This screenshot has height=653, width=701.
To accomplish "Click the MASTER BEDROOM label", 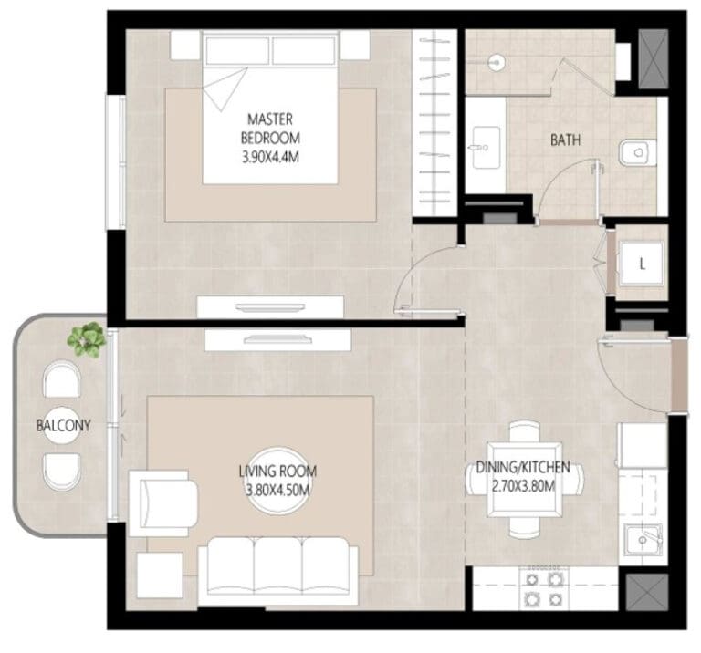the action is coord(270,129).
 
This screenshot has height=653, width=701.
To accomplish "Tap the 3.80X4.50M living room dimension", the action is coord(277,490).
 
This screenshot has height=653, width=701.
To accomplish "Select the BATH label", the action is coord(565,140).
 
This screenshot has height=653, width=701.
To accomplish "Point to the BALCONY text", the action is coord(63,425).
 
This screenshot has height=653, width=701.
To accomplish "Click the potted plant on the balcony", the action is coord(87,339).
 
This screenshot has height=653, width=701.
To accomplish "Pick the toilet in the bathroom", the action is coord(637,152).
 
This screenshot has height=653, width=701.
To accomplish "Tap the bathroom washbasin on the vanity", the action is coord(486,148).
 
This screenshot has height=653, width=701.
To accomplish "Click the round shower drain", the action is coord(496,63).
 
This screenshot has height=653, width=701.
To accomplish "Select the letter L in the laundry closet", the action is coord(642,264).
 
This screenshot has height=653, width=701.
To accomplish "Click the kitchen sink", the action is coord(643,540).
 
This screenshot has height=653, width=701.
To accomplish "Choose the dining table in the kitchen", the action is coord(525,479).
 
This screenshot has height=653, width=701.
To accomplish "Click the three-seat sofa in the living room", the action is coord(278,571).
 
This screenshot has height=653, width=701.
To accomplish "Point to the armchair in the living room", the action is coord(162,503).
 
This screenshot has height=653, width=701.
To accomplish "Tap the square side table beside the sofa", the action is coord(160,575).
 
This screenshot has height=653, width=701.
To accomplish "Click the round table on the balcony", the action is coord(63,425).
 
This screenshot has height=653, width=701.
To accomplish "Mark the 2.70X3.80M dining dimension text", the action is coord(524,486).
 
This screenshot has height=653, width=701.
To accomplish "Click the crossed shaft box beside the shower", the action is coord(654,59).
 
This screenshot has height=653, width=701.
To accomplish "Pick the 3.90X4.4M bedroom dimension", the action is coord(270,157).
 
